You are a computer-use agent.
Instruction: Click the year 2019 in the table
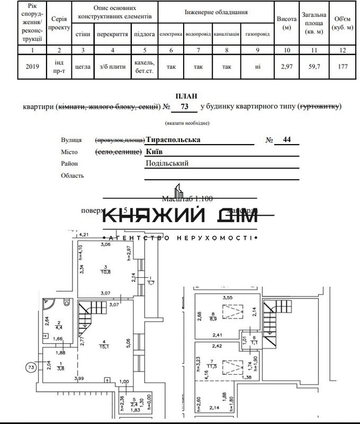33,67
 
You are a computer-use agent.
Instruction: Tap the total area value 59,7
314,67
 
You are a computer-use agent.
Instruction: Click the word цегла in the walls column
83,67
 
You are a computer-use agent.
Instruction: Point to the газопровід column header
257,34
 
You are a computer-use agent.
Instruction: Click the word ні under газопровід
257,67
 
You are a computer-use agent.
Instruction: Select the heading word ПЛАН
188,96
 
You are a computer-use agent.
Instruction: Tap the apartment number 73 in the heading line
184,107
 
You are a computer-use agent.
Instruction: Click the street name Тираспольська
173,140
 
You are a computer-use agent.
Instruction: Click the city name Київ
154,151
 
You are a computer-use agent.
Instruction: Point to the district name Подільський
167,163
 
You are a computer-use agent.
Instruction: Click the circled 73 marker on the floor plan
32,367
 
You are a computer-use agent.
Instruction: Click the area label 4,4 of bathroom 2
59,328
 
